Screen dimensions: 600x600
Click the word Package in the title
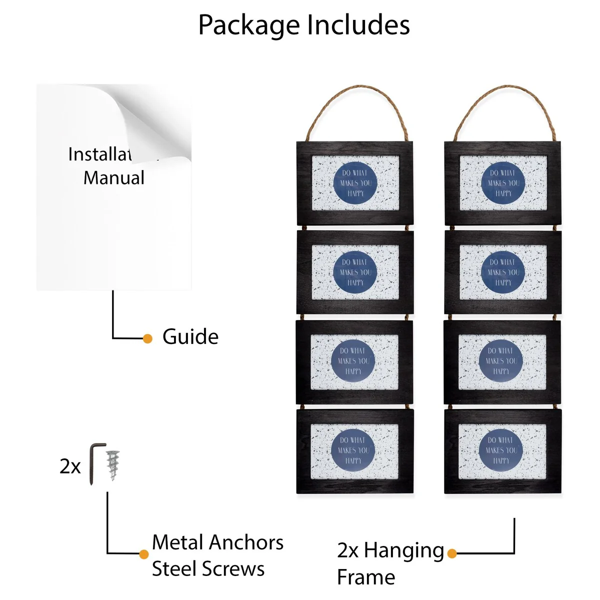pyautogui.click(x=248, y=25)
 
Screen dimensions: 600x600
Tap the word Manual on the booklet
pyautogui.click(x=114, y=177)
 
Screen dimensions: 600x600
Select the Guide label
pyautogui.click(x=190, y=337)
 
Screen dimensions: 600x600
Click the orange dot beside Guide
pyautogui.click(x=147, y=338)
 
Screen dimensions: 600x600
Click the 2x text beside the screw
pyautogui.click(x=70, y=466)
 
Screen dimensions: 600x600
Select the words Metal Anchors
pyautogui.click(x=217, y=542)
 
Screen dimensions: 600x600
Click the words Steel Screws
pyautogui.click(x=208, y=569)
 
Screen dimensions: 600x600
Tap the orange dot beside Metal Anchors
pyautogui.click(x=144, y=554)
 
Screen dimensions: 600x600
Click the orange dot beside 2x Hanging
pyautogui.click(x=452, y=553)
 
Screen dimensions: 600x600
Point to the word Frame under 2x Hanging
pyautogui.click(x=366, y=577)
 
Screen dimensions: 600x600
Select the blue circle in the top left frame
pyautogui.click(x=355, y=182)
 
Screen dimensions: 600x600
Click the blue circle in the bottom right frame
pyautogui.click(x=501, y=450)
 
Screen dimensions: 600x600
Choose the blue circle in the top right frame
pyautogui.click(x=503, y=182)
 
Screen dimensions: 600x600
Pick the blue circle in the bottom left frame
pyautogui.click(x=353, y=450)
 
